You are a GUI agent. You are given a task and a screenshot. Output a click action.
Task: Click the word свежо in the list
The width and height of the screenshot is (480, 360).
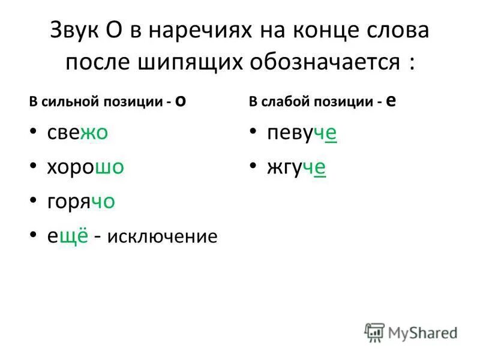click(x=77, y=133)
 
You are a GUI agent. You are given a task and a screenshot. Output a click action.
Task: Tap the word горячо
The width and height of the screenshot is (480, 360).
click(x=81, y=202)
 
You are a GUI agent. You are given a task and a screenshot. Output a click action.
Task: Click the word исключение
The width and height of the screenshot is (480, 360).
click(x=163, y=237)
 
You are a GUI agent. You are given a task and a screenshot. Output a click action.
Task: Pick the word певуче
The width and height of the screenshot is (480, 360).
click(x=302, y=134)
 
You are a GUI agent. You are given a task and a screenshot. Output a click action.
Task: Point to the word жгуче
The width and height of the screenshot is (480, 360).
click(x=296, y=168)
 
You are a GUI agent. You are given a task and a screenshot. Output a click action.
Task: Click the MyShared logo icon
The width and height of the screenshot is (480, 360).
click(x=374, y=332)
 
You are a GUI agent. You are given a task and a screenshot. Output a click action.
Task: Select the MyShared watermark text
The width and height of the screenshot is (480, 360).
click(x=422, y=332)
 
